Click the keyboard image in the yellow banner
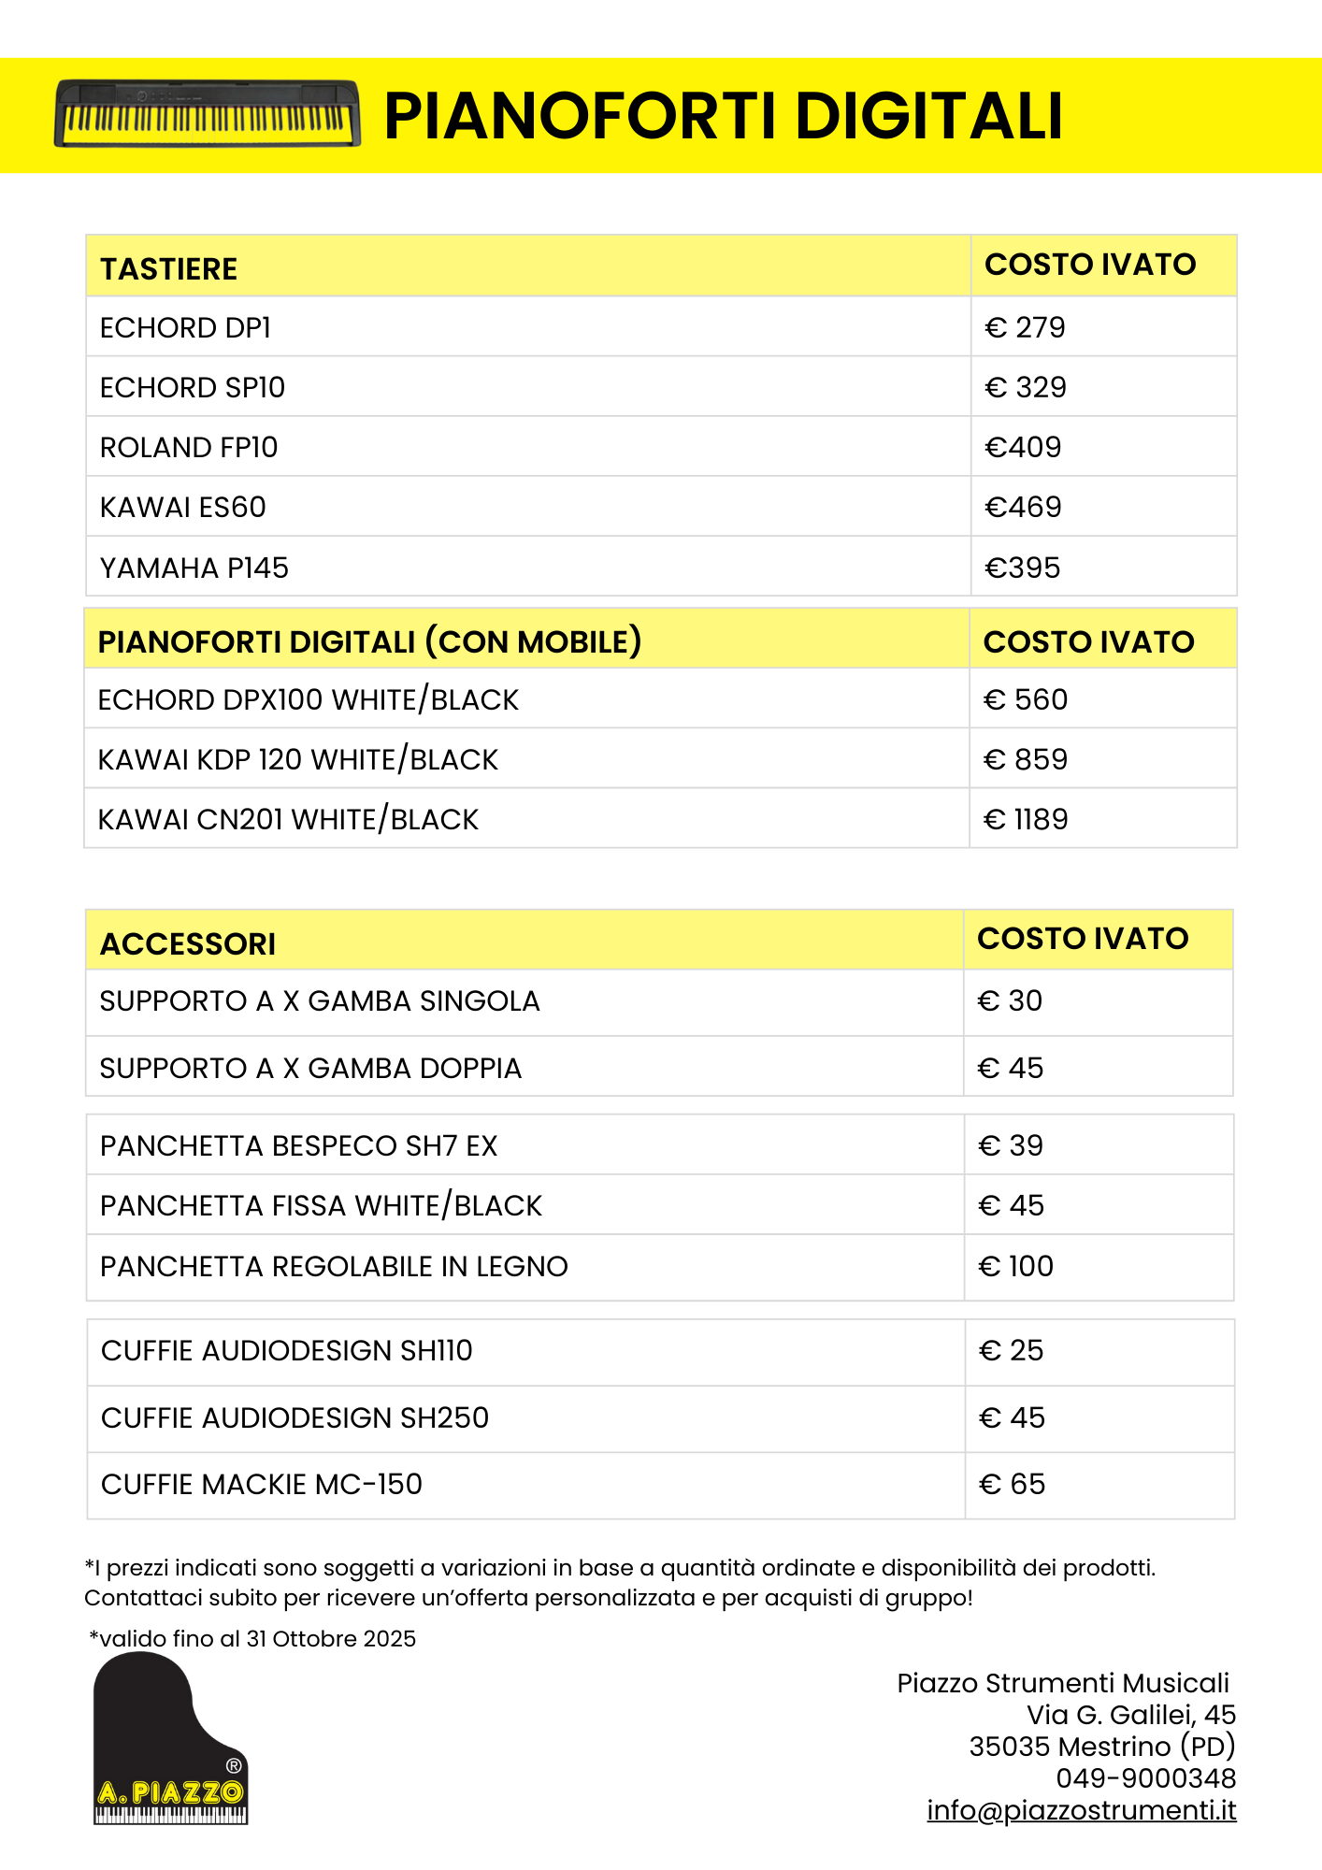point(207,113)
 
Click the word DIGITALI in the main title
point(929,116)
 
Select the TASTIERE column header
point(168,269)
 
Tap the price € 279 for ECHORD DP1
point(1025,327)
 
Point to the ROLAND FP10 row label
point(189,447)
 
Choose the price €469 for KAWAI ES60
point(1023,507)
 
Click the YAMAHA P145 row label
point(194,568)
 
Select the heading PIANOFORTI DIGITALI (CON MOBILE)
point(369,641)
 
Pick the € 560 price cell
point(1026,699)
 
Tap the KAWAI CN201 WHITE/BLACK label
point(288,819)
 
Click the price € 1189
point(1026,819)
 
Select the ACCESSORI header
point(188,944)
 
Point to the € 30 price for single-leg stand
point(1010,1000)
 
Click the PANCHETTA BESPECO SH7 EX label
point(299,1145)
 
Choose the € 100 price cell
point(1015,1266)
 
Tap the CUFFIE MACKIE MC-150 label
point(262,1484)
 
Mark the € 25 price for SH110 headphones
point(1011,1350)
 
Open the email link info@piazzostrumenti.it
point(1082,1810)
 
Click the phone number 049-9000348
point(1146,1778)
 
